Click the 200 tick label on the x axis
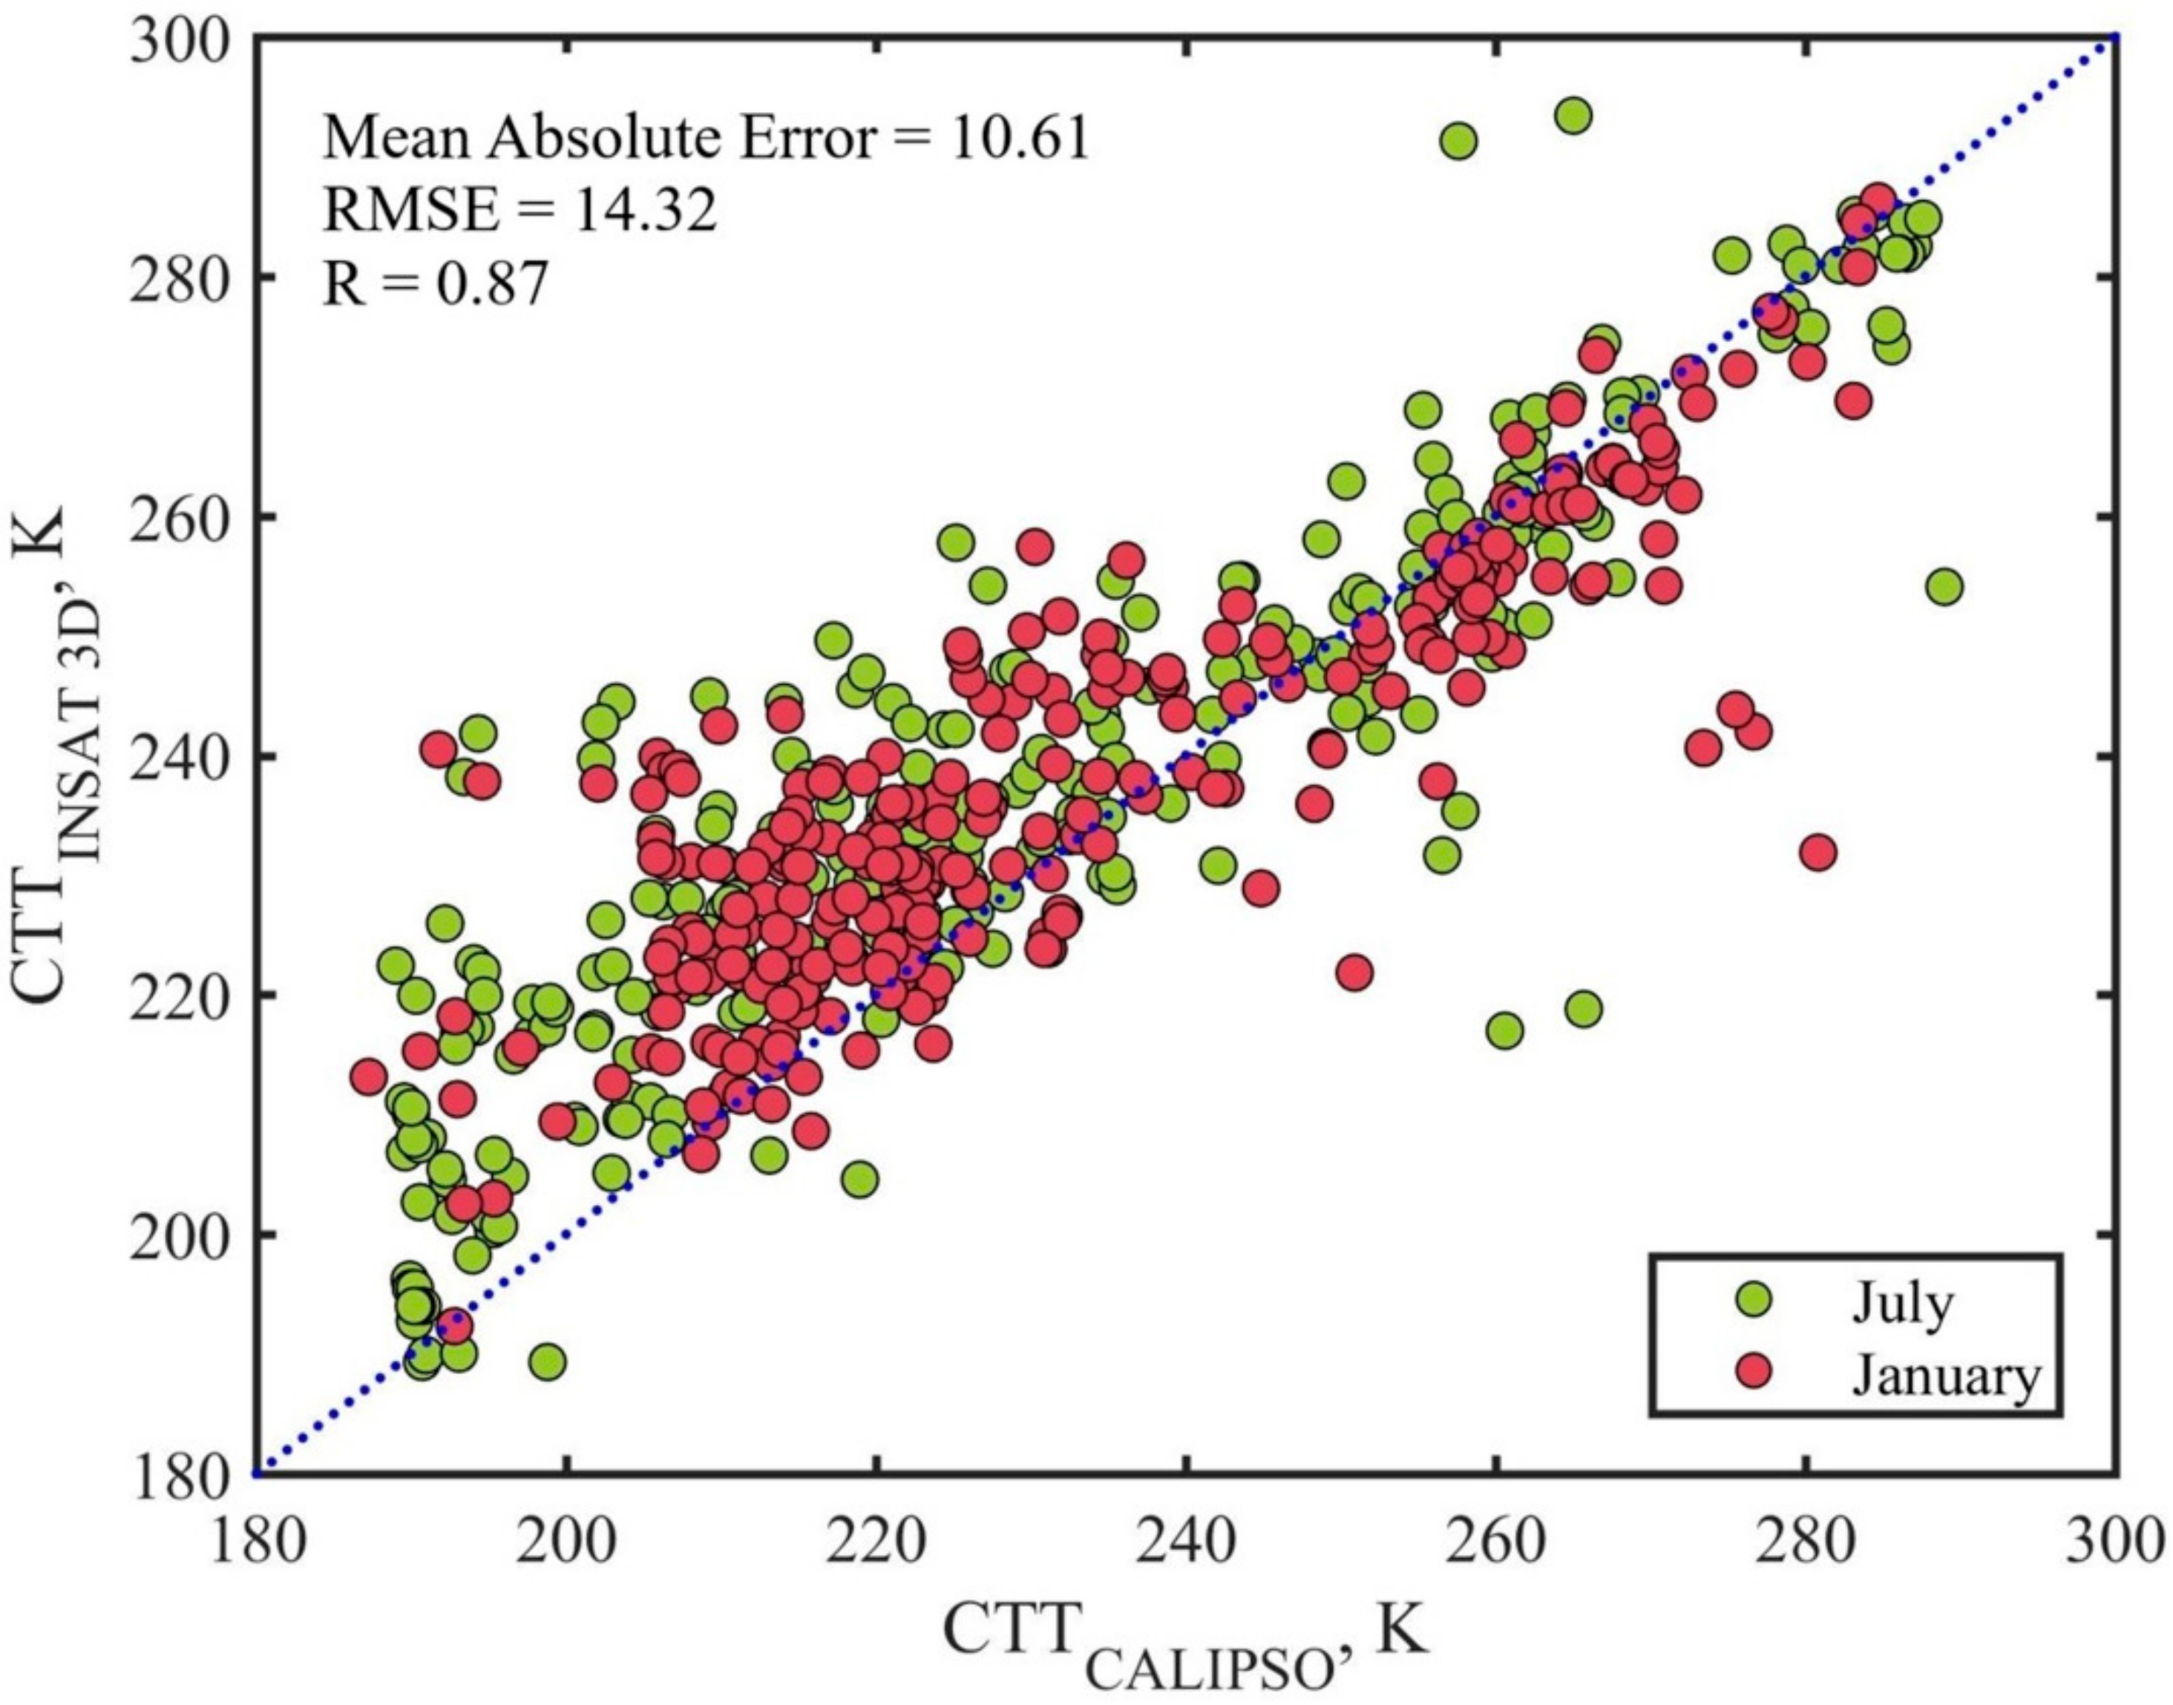[x=566, y=1544]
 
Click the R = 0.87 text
[x=436, y=283]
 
